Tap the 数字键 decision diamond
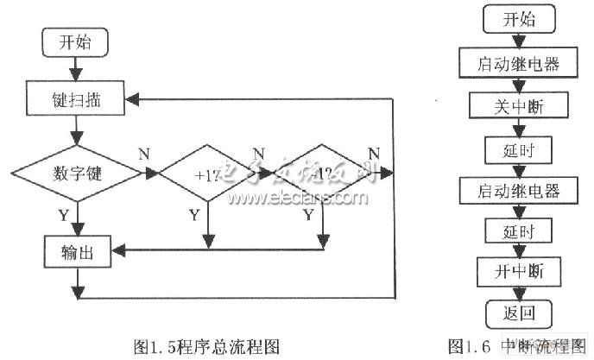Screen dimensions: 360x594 click(x=79, y=174)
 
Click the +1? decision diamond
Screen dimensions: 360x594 click(x=207, y=174)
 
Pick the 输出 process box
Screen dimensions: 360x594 click(x=78, y=252)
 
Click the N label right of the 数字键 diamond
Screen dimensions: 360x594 click(x=144, y=154)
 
